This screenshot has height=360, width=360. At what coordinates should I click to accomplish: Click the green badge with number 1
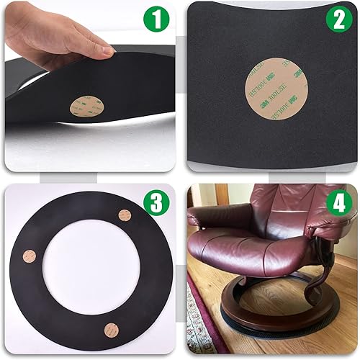pyautogui.click(x=152, y=22)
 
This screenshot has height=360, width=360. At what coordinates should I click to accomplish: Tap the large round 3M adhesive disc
pyautogui.click(x=267, y=78)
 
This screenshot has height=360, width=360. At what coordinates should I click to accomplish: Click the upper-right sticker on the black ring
pyautogui.click(x=125, y=215)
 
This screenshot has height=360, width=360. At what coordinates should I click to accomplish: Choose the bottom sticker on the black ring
pyautogui.click(x=111, y=330)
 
